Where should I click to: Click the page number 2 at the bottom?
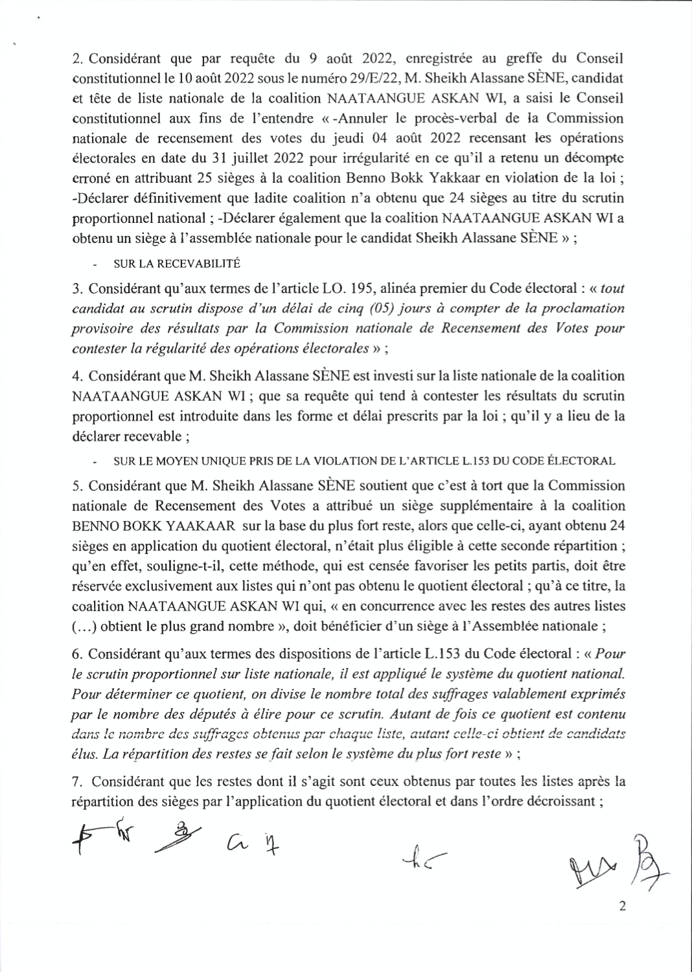pos(623,906)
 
